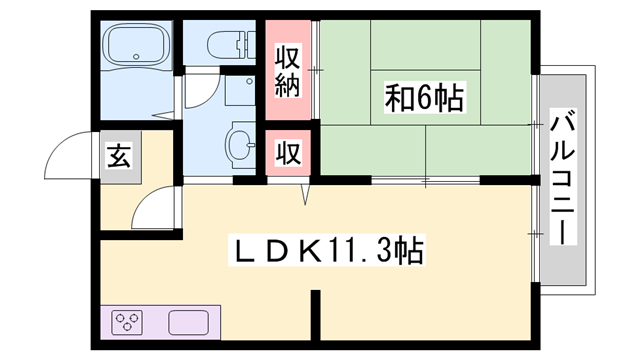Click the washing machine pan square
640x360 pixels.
240,95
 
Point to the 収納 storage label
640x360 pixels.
288,69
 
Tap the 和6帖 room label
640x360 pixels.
424,98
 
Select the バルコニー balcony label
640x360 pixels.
564,180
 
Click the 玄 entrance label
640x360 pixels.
119,157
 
